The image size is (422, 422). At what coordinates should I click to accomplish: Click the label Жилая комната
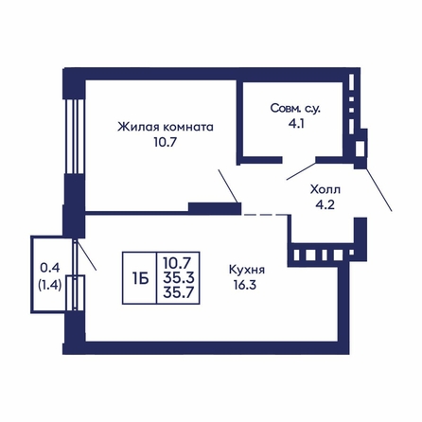[166, 127]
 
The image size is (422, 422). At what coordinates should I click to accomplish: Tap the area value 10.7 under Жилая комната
[164, 143]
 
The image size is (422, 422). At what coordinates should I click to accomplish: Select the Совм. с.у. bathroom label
[295, 109]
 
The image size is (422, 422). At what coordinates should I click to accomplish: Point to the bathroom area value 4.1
[295, 124]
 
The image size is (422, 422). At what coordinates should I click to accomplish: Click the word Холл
[325, 190]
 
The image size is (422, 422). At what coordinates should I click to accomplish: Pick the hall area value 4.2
[325, 205]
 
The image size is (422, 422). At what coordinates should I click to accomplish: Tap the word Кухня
[247, 270]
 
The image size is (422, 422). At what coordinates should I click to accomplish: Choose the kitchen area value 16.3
[245, 286]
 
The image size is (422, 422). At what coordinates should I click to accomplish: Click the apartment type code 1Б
[140, 278]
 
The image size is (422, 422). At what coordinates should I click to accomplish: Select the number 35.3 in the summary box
[179, 278]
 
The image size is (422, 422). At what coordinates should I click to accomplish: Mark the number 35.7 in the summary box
[179, 292]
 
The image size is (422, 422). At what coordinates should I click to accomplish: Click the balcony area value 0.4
[50, 269]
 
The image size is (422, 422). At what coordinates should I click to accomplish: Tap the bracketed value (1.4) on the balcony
[50, 286]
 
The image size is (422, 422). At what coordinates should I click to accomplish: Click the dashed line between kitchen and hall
[266, 215]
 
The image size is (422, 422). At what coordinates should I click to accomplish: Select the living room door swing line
[228, 185]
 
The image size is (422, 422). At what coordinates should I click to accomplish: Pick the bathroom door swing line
[301, 171]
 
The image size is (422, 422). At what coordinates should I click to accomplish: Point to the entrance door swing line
[378, 190]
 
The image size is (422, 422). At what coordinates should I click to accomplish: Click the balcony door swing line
[86, 255]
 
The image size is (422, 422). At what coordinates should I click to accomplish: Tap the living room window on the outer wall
[75, 136]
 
